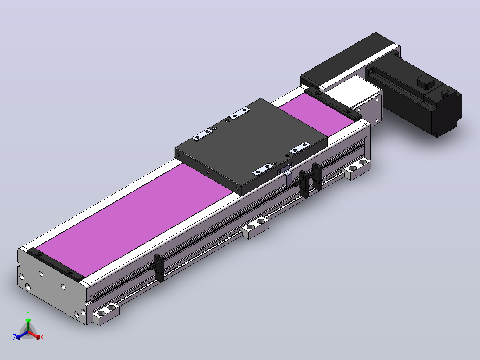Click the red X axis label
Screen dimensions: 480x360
coord(42,337)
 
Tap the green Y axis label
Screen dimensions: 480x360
coord(28,313)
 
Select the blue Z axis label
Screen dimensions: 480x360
coord(15,337)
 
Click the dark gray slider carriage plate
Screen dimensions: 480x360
coord(251,147)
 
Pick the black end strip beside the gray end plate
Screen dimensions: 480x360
coord(55,264)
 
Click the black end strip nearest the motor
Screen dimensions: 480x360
coord(333,103)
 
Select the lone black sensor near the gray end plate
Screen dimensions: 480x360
coord(159,268)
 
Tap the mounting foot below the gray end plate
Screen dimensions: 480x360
coord(106,313)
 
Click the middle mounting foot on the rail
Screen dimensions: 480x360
coord(255,227)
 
